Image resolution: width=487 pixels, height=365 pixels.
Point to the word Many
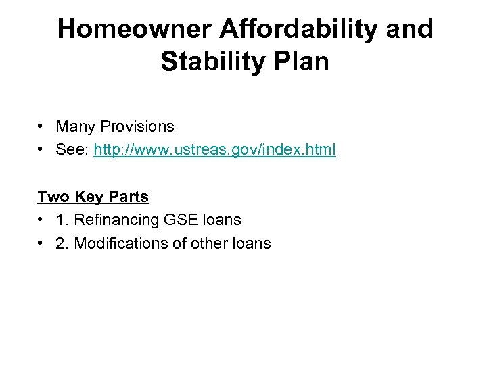[76, 126]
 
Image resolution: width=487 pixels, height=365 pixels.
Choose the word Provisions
[138, 126]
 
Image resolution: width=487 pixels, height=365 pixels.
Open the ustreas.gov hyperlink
[214, 149]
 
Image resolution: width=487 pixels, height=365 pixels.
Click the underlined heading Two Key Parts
[93, 197]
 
